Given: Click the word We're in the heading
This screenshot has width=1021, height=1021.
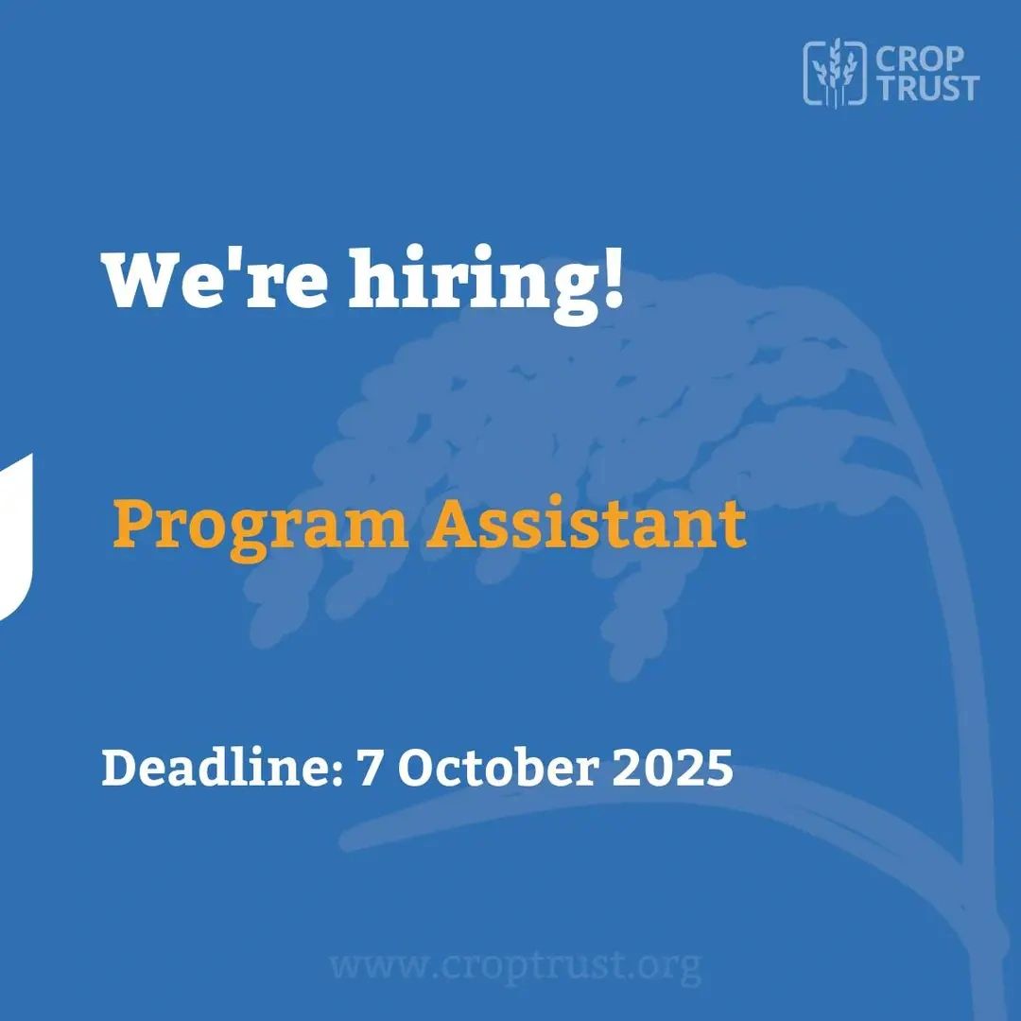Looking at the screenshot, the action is coord(215,280).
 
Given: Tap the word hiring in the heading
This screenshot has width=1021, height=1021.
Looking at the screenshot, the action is coord(474,286).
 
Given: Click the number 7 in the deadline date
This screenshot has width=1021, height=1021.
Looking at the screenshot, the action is coord(370,768).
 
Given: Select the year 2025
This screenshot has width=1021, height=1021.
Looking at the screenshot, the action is coord(673,768).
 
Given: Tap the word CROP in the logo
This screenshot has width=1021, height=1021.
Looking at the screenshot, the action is coord(920,60).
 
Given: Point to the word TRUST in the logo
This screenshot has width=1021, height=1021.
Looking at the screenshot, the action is coord(928,88).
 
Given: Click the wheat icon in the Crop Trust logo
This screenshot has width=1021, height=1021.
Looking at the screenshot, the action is coord(835,72).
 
